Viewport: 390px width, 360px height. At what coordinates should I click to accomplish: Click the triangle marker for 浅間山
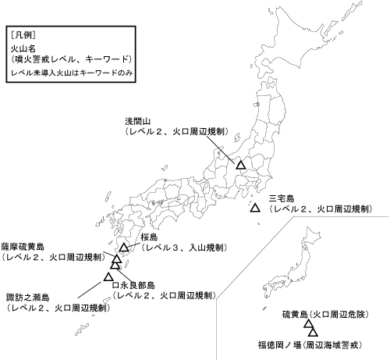(241, 165)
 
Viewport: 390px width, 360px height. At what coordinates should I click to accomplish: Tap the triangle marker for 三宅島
(255, 209)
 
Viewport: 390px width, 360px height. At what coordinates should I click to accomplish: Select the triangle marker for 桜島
(123, 248)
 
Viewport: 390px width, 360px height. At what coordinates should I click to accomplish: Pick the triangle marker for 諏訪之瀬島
(108, 276)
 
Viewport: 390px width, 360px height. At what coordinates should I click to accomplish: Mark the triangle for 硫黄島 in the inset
(297, 328)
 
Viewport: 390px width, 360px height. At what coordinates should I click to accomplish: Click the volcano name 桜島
(151, 237)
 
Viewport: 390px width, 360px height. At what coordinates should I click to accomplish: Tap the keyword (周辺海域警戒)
(342, 343)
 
